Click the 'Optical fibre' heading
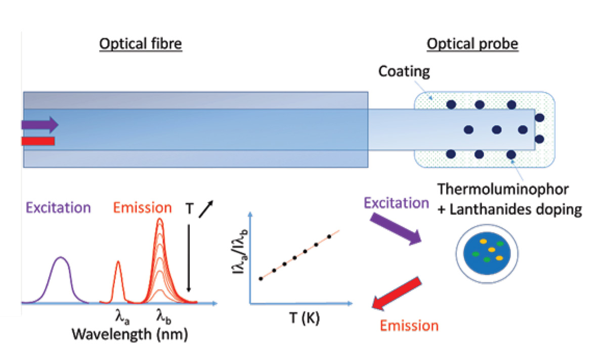tap(141, 43)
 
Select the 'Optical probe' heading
tap(472, 44)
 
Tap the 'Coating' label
tap(404, 72)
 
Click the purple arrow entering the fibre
tap(40, 124)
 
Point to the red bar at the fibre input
tap(38, 141)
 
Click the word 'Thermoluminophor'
tap(503, 189)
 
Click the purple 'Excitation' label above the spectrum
tap(58, 208)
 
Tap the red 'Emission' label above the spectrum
tap(142, 208)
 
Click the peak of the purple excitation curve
tap(61, 257)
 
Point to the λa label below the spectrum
tap(122, 317)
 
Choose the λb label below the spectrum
tap(164, 317)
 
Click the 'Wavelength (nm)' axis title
tap(130, 334)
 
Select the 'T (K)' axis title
tap(305, 318)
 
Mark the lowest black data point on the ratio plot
tap(261, 279)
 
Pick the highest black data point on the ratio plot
tap(329, 237)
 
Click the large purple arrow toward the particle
tap(396, 229)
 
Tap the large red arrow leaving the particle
tap(397, 294)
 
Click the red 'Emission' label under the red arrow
tap(409, 326)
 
